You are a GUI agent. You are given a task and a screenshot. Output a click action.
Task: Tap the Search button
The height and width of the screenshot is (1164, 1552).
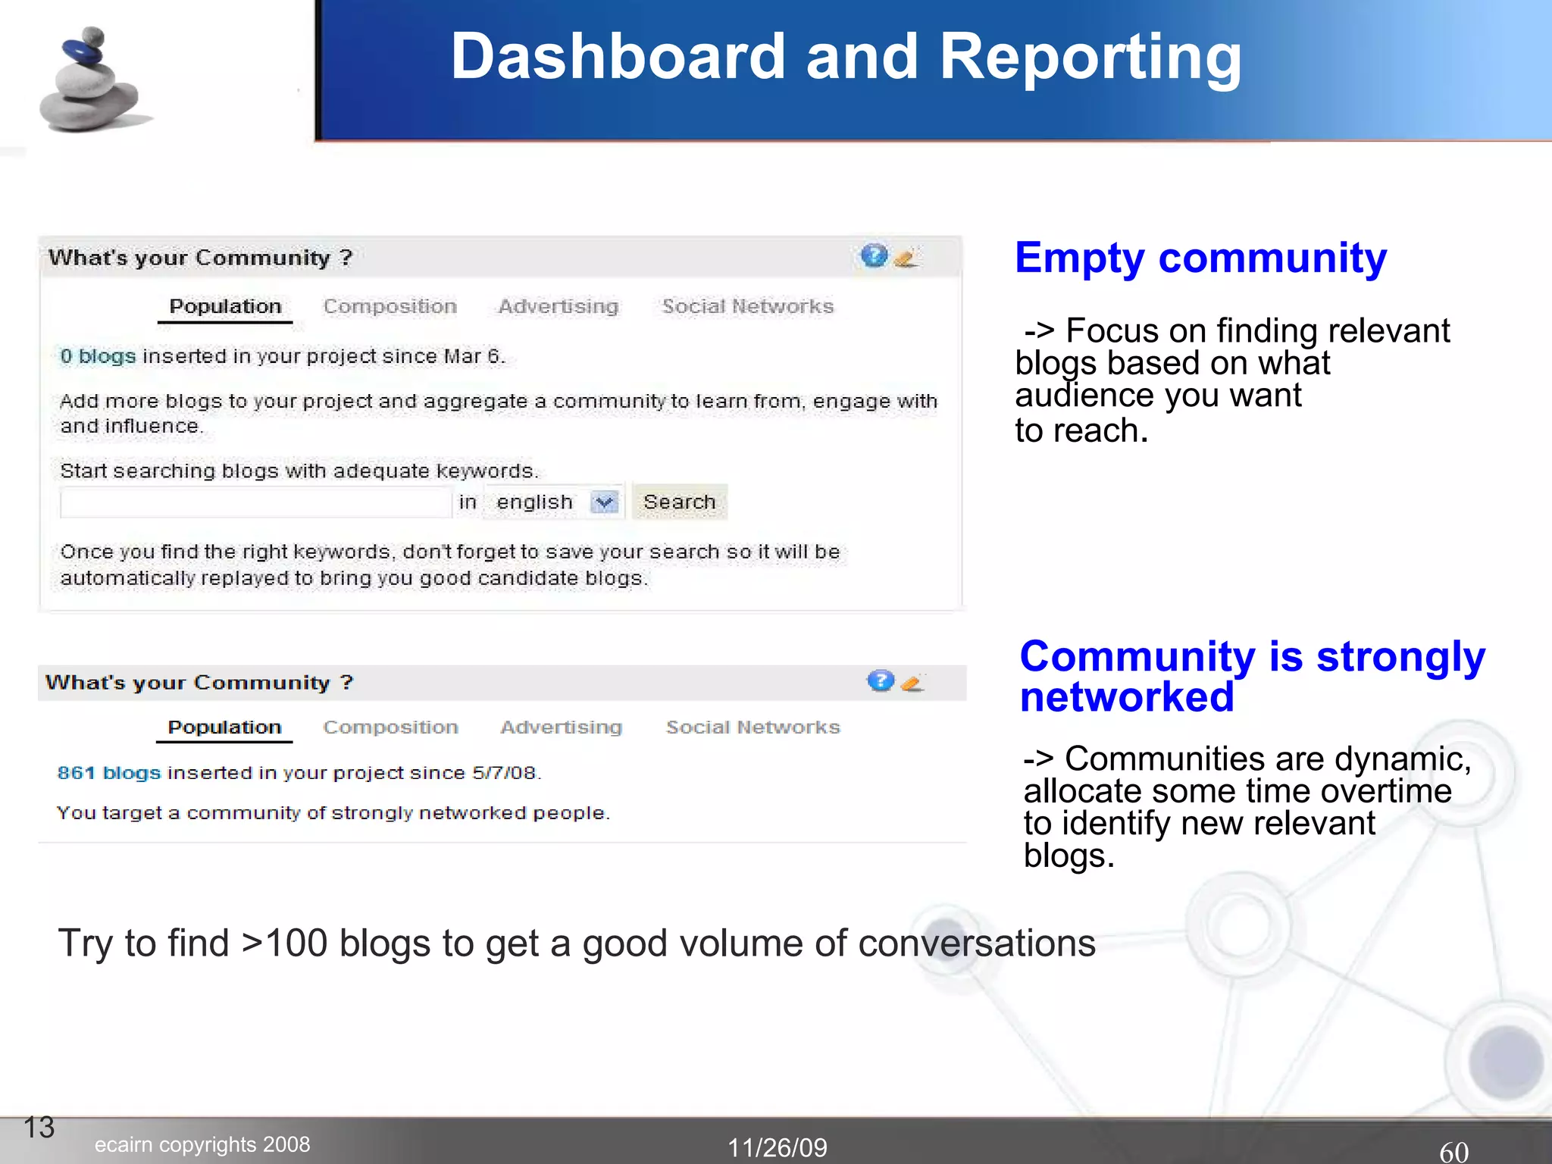(680, 502)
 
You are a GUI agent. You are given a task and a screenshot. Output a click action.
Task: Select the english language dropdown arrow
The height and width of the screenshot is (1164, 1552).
(604, 502)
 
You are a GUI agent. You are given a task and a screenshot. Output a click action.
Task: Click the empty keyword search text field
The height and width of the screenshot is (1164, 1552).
(255, 502)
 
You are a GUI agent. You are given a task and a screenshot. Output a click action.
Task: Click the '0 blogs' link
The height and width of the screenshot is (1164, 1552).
(98, 356)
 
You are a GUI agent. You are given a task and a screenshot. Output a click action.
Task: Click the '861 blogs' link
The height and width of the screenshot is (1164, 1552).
(109, 773)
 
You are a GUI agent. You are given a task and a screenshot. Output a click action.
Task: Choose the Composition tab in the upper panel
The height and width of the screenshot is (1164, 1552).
(390, 307)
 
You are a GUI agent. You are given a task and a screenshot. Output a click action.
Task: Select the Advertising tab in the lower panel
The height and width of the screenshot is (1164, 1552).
(561, 727)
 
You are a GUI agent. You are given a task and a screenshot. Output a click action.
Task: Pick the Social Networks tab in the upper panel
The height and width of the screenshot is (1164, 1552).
(747, 307)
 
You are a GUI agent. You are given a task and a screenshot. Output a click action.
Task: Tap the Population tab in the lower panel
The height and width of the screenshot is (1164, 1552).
(224, 727)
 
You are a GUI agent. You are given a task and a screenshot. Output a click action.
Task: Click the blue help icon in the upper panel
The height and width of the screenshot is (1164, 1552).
(874, 256)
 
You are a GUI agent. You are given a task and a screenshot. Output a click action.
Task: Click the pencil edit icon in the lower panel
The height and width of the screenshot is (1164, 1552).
(913, 683)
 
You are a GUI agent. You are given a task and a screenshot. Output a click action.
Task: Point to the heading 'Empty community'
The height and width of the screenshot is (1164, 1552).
(1200, 258)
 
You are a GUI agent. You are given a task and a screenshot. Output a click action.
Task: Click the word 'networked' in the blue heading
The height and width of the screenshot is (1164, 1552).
(1127, 697)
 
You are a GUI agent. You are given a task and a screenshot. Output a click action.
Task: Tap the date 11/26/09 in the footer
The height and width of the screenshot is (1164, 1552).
(778, 1147)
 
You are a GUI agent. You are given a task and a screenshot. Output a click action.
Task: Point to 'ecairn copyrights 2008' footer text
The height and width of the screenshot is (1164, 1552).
(202, 1144)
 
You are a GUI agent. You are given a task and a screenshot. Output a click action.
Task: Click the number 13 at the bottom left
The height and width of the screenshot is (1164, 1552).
(39, 1128)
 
